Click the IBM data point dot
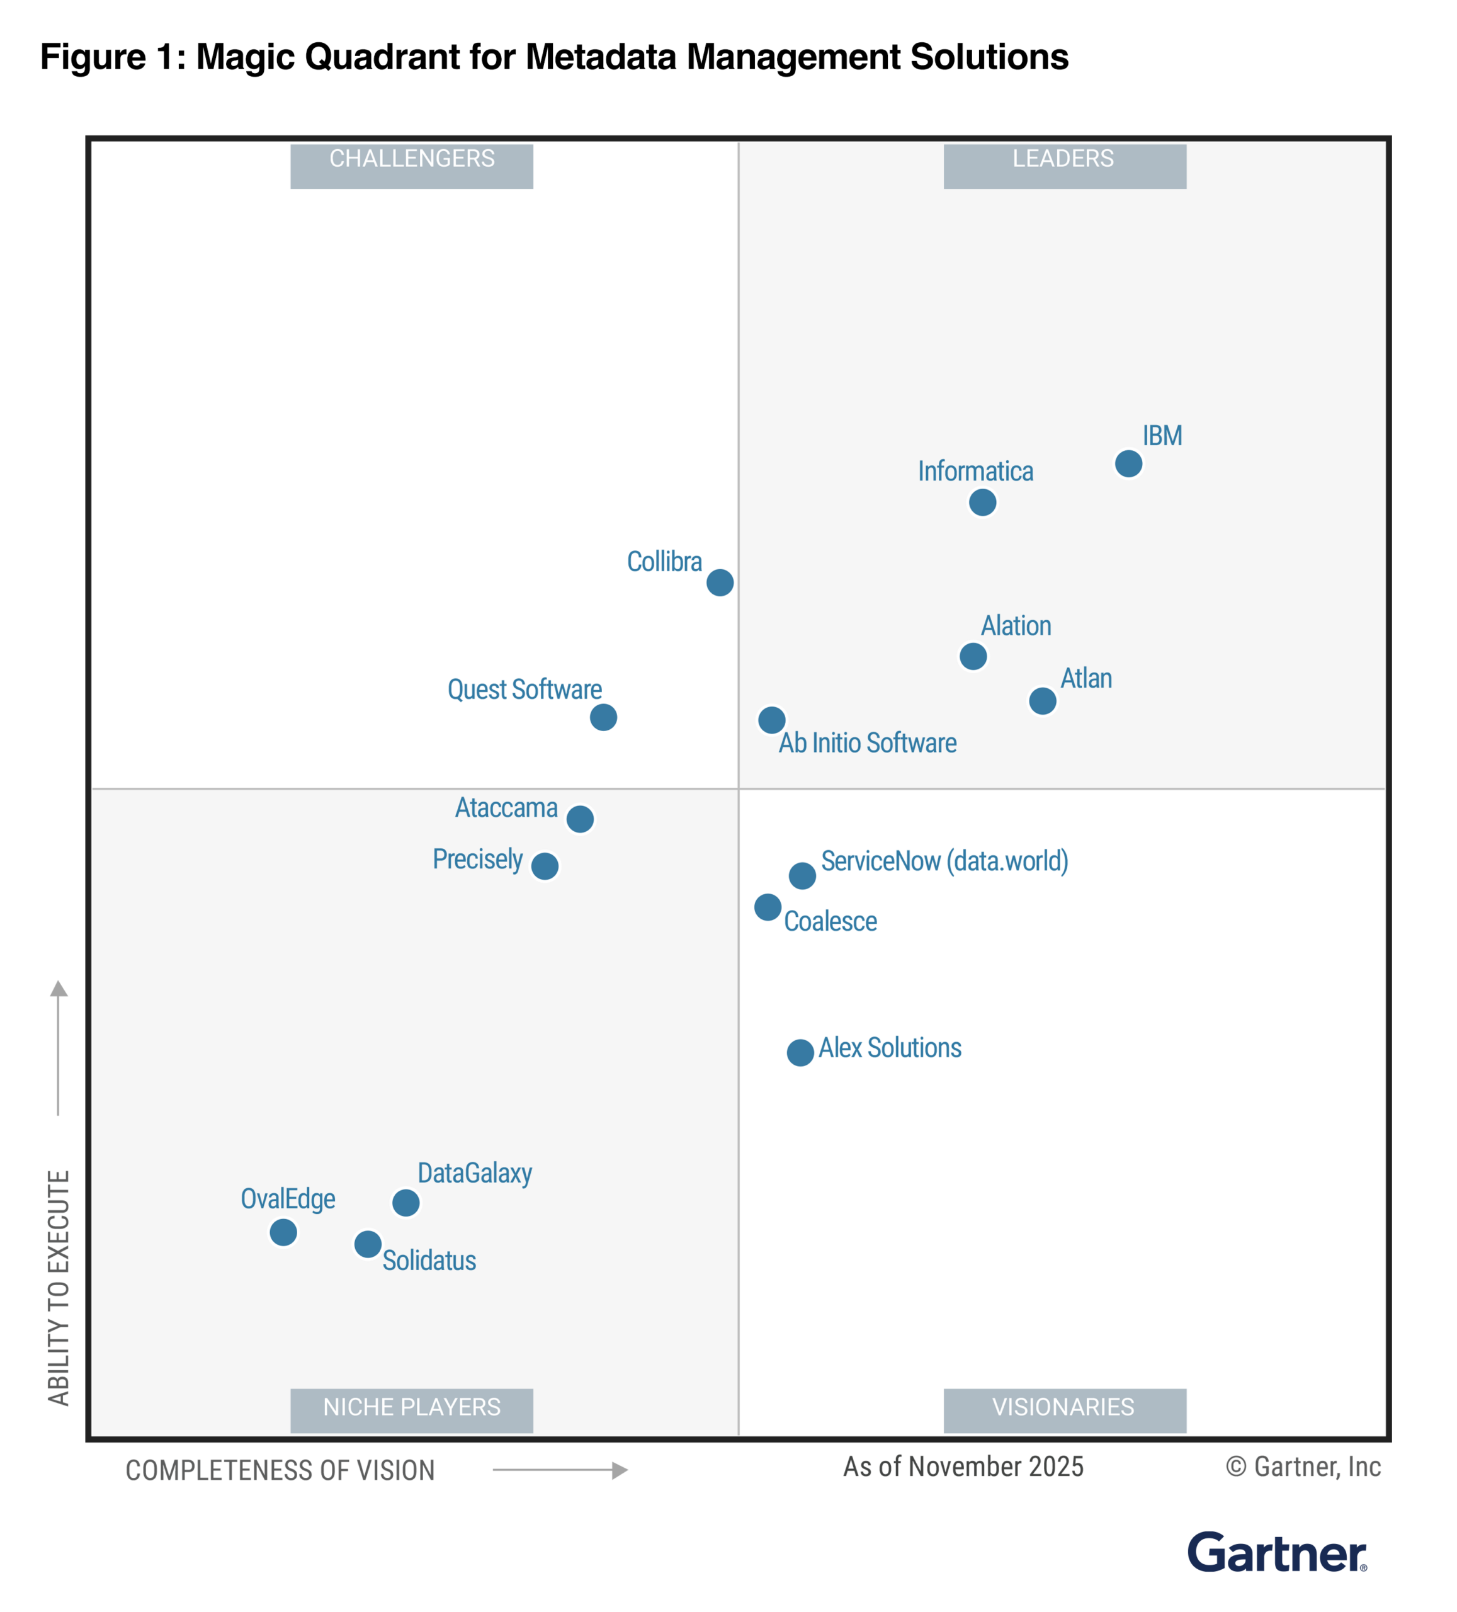point(1128,463)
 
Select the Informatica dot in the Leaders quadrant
point(982,502)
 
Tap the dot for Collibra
point(720,582)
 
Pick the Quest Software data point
point(603,717)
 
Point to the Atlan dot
point(1042,700)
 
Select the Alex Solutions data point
point(800,1052)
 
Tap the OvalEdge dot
point(283,1232)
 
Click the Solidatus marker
point(367,1244)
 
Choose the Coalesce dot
point(767,907)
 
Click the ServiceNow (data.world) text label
point(944,861)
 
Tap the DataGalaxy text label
point(474,1173)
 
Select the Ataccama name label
point(506,808)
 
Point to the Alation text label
point(1016,625)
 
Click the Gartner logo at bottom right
point(1276,1553)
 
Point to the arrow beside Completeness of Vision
point(560,1470)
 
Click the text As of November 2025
point(963,1467)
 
